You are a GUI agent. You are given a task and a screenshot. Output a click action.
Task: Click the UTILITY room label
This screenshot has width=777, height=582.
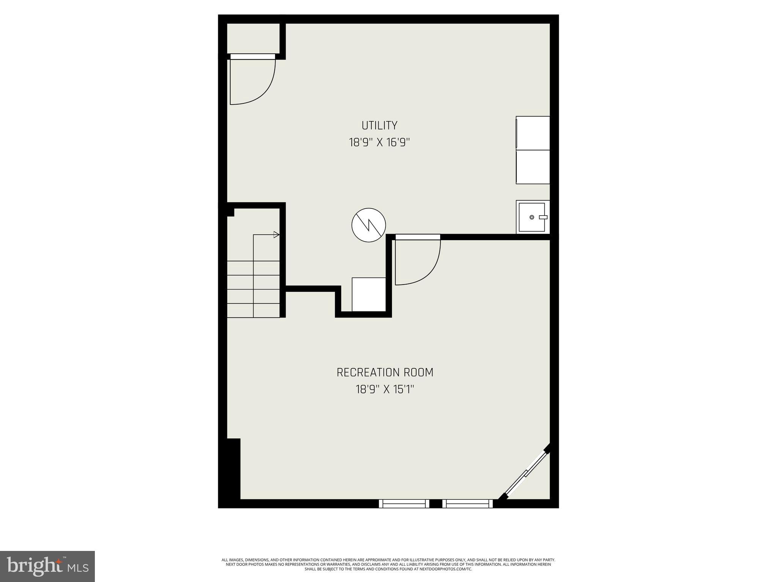click(x=379, y=125)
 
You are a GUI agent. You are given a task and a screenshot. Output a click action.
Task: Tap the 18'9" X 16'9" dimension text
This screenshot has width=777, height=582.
click(x=379, y=142)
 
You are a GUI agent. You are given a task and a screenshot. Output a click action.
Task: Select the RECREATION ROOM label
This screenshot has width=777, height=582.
click(x=385, y=372)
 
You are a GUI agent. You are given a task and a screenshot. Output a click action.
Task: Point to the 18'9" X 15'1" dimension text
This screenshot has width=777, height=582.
click(x=385, y=390)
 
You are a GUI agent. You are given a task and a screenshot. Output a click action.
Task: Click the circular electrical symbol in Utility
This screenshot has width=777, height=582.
click(x=368, y=225)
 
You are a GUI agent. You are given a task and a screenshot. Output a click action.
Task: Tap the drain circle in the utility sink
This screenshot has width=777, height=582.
click(x=532, y=217)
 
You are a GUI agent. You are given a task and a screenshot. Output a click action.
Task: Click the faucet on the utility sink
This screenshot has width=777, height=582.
click(x=543, y=217)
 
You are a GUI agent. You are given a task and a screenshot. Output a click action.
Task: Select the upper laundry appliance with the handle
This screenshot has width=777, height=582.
click(x=533, y=133)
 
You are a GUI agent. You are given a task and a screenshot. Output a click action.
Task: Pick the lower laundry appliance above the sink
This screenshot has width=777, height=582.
click(x=533, y=167)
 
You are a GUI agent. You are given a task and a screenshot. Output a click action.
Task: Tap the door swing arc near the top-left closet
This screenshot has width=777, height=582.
click(x=266, y=91)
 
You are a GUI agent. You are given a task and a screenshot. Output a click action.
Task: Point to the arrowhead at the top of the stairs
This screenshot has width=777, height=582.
click(x=277, y=235)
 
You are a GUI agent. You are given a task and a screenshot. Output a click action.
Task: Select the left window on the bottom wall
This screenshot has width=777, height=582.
click(x=404, y=503)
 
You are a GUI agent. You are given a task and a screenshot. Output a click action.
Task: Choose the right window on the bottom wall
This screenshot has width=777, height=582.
click(x=467, y=503)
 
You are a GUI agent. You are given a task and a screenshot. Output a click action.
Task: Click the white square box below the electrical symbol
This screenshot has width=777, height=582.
click(x=368, y=294)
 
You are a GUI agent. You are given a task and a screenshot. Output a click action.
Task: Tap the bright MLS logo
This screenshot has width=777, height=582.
click(x=47, y=566)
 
